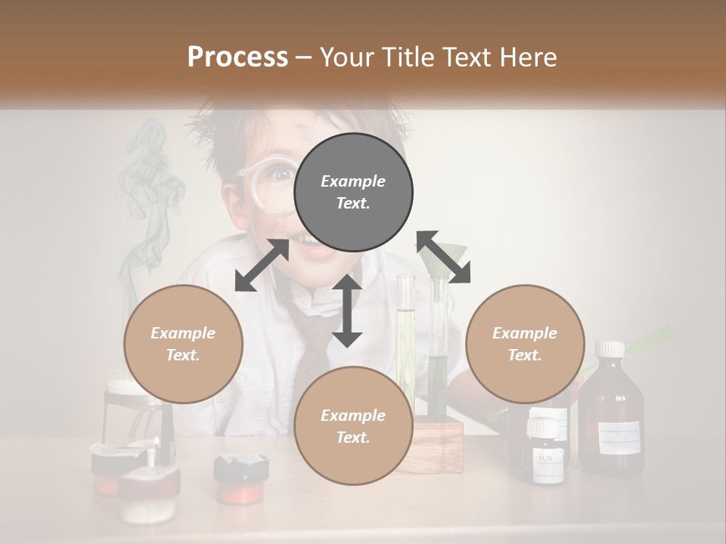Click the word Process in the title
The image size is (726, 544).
[x=237, y=57]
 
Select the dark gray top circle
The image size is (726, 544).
[x=353, y=193]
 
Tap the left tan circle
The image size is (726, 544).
[x=183, y=344]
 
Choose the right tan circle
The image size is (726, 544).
[x=525, y=344]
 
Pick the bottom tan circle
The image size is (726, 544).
[x=353, y=426]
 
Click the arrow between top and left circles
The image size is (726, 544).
[x=262, y=265]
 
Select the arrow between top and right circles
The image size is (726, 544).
[x=443, y=257]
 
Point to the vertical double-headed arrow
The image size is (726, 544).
[x=347, y=311]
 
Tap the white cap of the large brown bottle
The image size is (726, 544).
[x=610, y=349]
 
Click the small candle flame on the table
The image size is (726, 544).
[x=157, y=441]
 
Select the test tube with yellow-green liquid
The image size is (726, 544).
[x=405, y=340]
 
